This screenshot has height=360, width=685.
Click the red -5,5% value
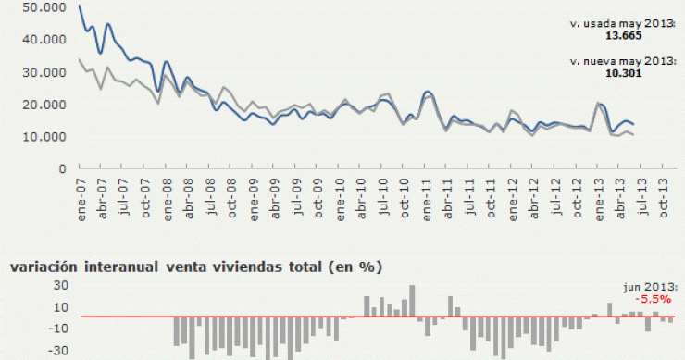(653, 300)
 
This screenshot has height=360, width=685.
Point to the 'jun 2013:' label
(653, 289)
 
